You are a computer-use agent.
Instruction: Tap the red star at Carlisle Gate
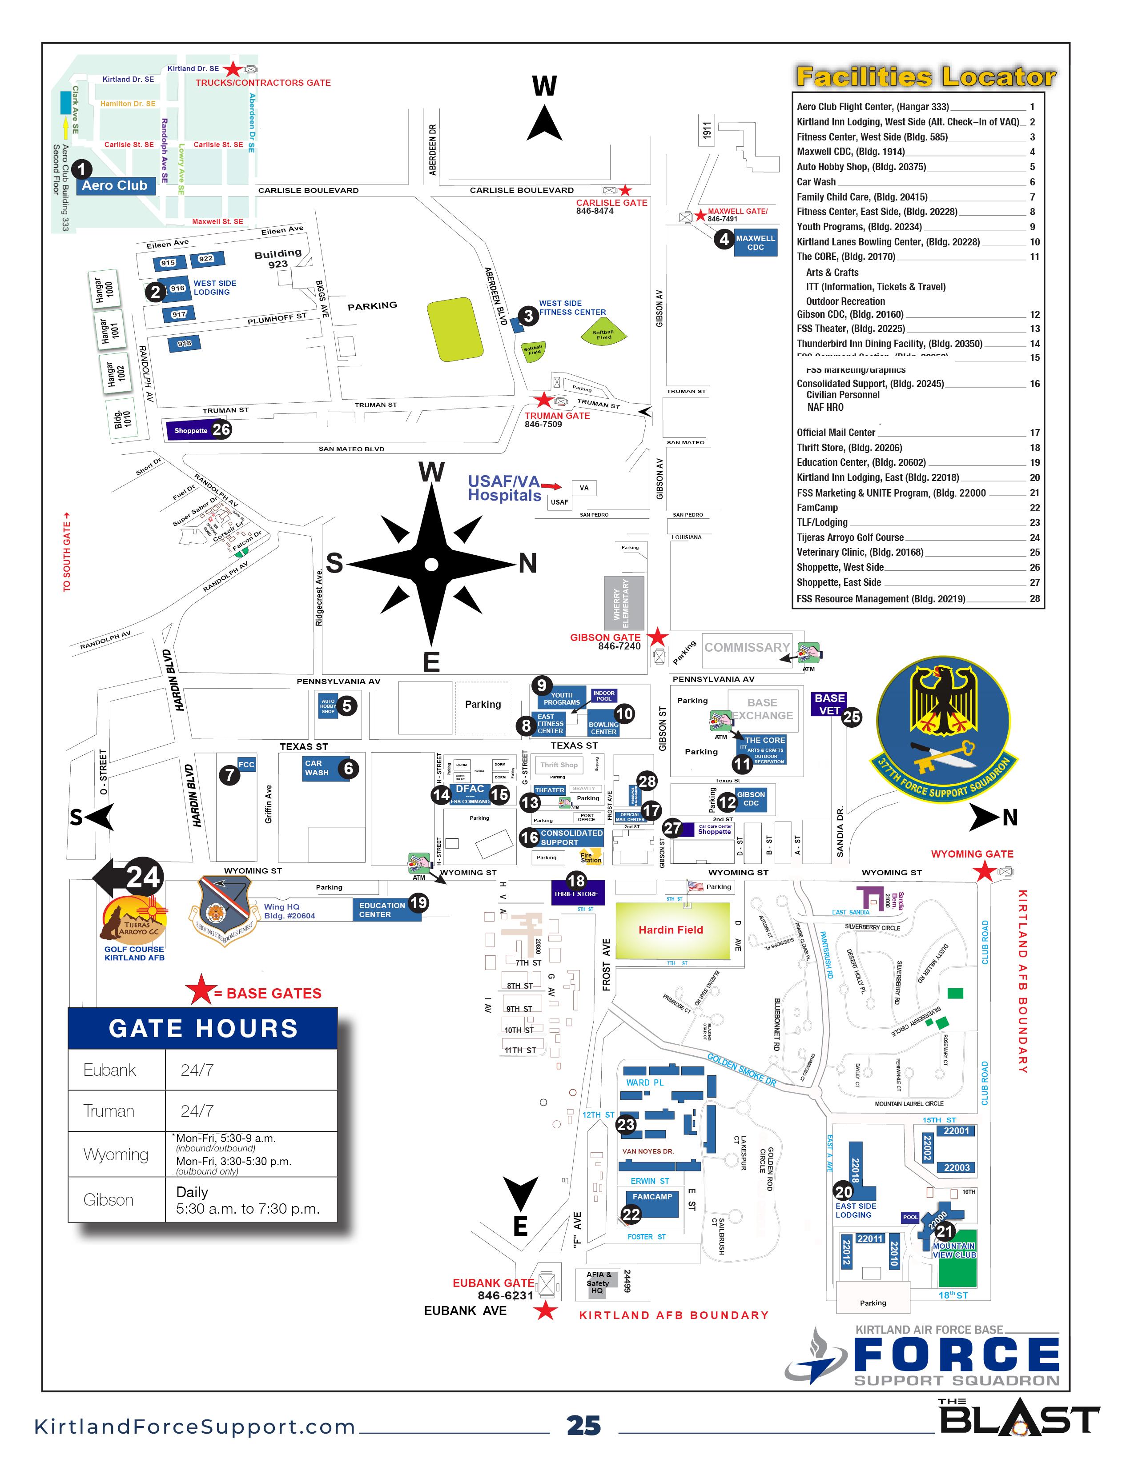(x=625, y=190)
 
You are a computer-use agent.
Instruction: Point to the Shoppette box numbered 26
(x=191, y=431)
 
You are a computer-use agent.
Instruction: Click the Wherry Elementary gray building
(x=623, y=602)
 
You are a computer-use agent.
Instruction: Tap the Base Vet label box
(x=829, y=704)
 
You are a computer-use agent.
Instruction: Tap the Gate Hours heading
(x=203, y=1028)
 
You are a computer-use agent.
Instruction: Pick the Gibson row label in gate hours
(x=108, y=1200)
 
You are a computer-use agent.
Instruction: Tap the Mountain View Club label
(x=954, y=1250)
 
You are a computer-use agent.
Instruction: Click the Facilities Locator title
(x=925, y=76)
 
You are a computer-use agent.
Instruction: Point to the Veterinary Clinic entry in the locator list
(x=860, y=552)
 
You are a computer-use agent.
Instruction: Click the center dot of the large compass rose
(x=431, y=564)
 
